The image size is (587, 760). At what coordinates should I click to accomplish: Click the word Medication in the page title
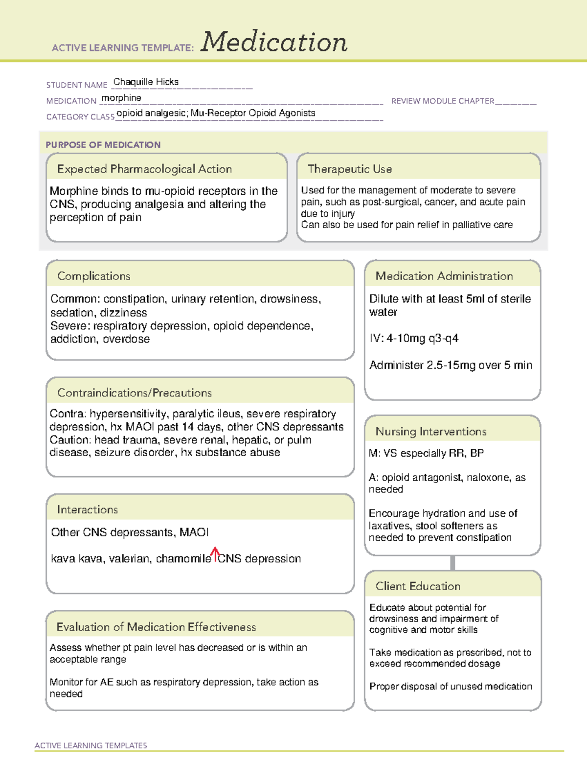click(274, 43)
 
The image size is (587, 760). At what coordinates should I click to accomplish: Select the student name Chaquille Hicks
click(146, 82)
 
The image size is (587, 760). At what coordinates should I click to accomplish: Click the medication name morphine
click(121, 98)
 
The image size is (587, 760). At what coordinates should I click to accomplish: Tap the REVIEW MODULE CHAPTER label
click(443, 101)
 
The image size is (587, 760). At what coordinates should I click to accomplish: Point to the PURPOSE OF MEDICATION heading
click(103, 145)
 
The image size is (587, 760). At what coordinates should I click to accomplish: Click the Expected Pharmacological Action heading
click(144, 169)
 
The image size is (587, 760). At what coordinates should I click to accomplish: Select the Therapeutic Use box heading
click(350, 169)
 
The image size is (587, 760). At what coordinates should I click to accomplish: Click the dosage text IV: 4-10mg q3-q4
click(414, 339)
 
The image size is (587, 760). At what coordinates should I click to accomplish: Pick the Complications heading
click(93, 276)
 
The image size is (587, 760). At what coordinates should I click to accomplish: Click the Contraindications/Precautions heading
click(135, 393)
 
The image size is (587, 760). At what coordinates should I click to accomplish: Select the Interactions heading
click(87, 510)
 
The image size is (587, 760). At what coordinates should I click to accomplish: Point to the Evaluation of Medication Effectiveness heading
click(156, 627)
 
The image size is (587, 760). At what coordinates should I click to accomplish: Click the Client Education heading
click(418, 586)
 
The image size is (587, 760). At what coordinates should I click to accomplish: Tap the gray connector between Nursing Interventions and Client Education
click(452, 563)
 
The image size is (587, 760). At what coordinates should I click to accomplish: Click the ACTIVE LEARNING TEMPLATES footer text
click(90, 745)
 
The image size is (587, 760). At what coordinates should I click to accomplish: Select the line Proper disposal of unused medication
click(451, 687)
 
